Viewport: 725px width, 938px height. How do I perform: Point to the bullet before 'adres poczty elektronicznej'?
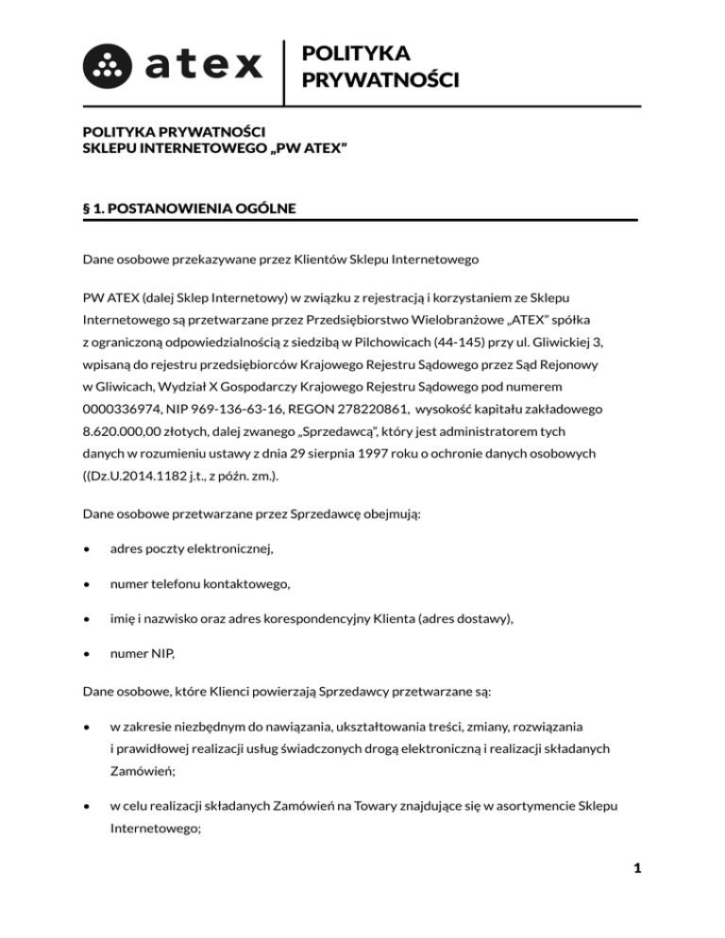[87, 546]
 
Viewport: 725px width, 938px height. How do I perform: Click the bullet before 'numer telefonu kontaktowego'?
[87, 585]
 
